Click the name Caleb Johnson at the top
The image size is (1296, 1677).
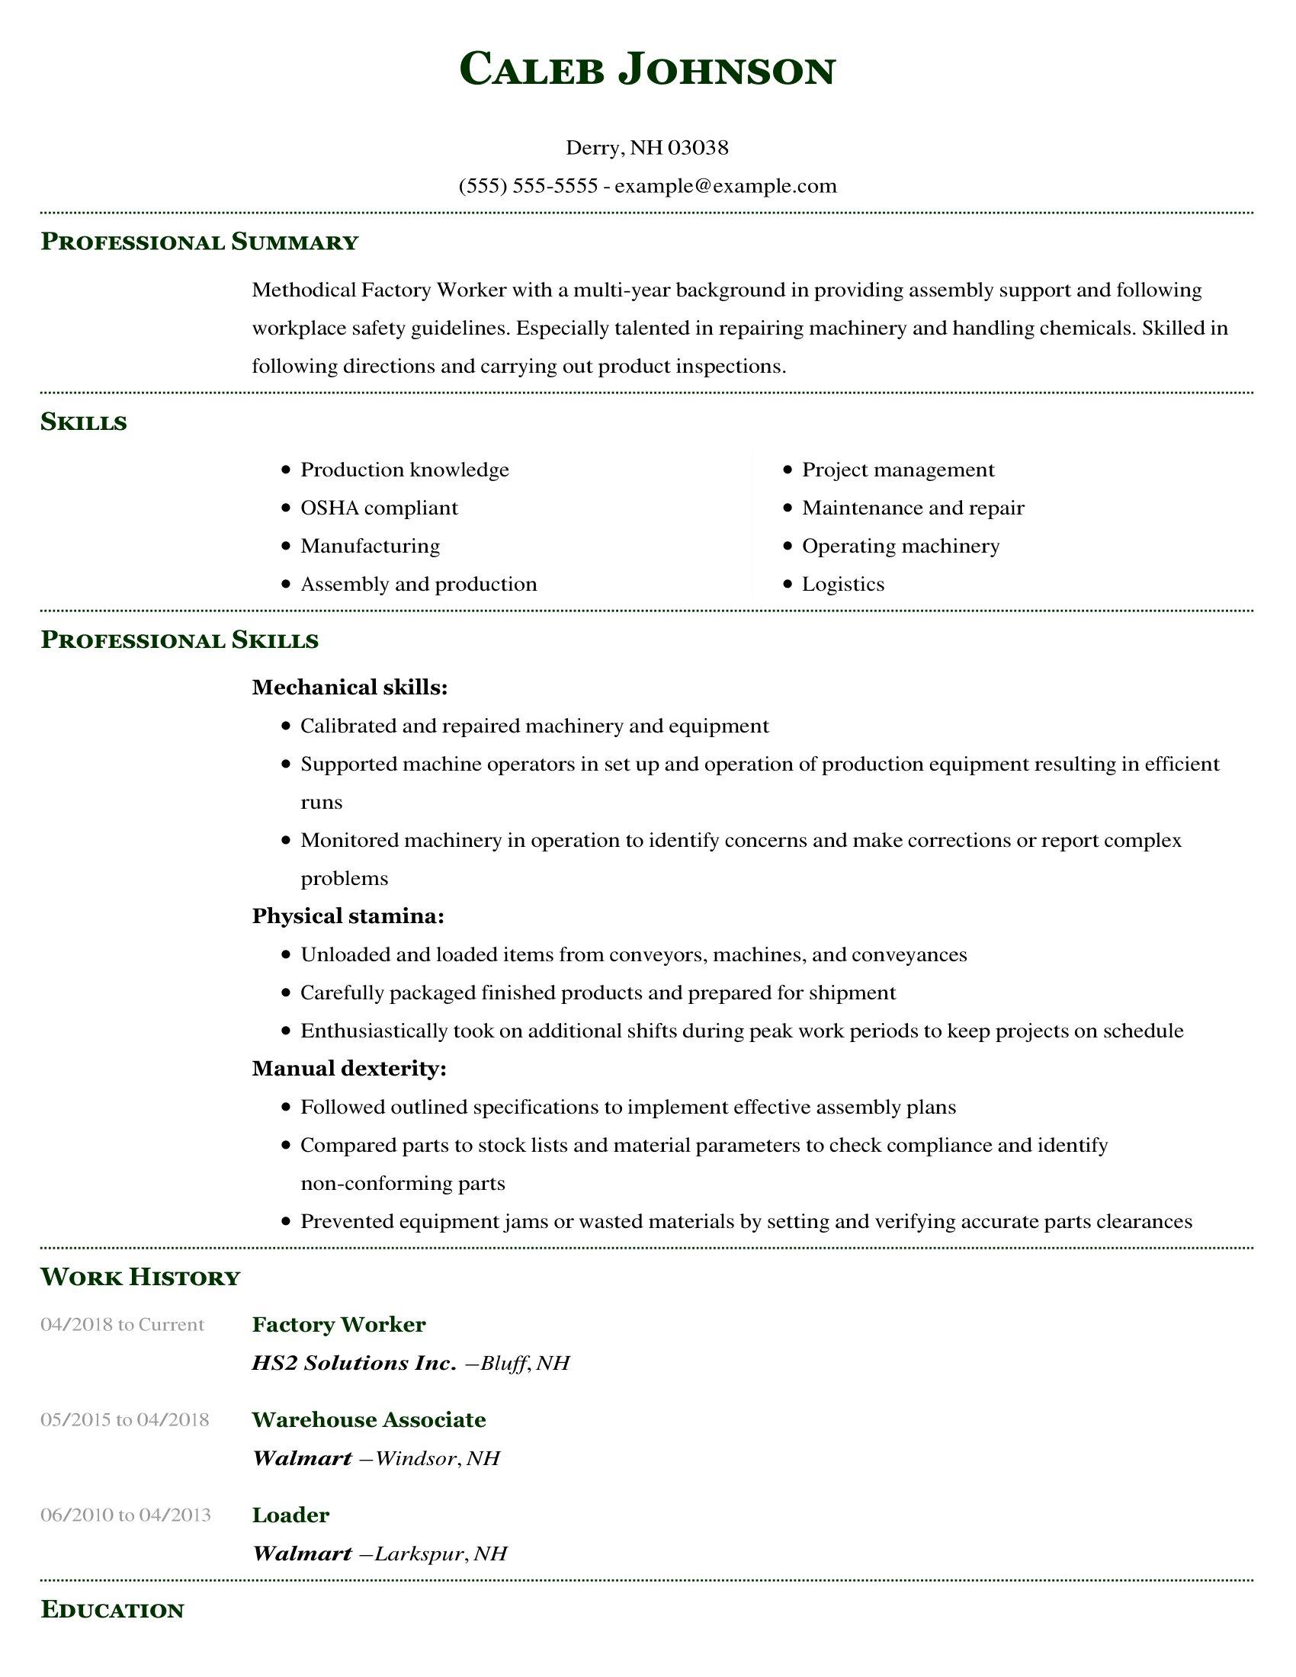(x=647, y=70)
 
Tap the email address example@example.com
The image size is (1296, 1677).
(x=726, y=186)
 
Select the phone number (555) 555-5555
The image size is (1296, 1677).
(x=528, y=186)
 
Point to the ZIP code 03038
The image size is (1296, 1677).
(x=698, y=147)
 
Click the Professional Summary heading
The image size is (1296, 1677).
(x=200, y=242)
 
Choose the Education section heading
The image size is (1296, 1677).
(x=112, y=1609)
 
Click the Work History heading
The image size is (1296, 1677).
(x=140, y=1276)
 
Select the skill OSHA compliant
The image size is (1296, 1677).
(x=379, y=508)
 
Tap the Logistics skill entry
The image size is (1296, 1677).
(x=843, y=585)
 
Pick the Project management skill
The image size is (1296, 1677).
(x=897, y=469)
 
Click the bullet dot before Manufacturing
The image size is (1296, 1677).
(x=287, y=546)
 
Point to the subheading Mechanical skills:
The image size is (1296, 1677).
(x=349, y=688)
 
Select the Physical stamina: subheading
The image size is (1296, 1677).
(x=348, y=916)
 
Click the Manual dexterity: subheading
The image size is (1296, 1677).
(x=348, y=1068)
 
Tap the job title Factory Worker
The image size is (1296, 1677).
(x=338, y=1324)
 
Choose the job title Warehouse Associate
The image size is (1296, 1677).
(x=368, y=1419)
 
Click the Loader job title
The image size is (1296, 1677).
(x=290, y=1514)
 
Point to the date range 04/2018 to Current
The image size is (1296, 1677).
(x=122, y=1325)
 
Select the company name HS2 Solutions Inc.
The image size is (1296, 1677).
(x=354, y=1363)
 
